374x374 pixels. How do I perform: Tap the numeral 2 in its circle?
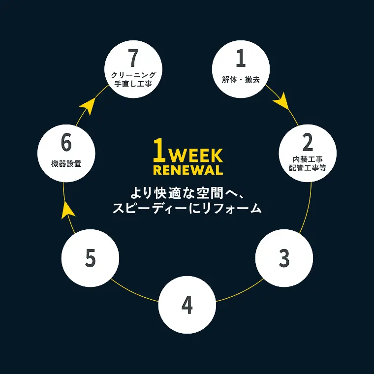click(x=308, y=142)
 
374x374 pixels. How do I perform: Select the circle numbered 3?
click(x=284, y=258)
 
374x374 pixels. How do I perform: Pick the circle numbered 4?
click(x=187, y=305)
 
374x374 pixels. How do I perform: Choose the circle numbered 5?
click(x=90, y=258)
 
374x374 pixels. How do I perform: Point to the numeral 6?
click(x=66, y=142)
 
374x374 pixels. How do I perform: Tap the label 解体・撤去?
click(x=241, y=80)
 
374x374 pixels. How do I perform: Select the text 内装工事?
click(x=308, y=159)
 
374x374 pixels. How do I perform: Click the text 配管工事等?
click(x=308, y=168)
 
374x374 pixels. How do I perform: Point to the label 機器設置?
click(x=66, y=163)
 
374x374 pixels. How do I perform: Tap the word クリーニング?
click(x=133, y=75)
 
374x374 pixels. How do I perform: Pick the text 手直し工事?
click(x=133, y=84)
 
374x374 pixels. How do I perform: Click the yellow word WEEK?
click(x=196, y=156)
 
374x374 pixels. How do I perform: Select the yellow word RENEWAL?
click(x=188, y=170)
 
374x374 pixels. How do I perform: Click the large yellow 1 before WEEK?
click(x=159, y=150)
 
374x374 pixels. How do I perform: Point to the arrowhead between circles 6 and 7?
click(x=88, y=106)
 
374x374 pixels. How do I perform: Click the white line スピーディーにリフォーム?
click(x=187, y=209)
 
